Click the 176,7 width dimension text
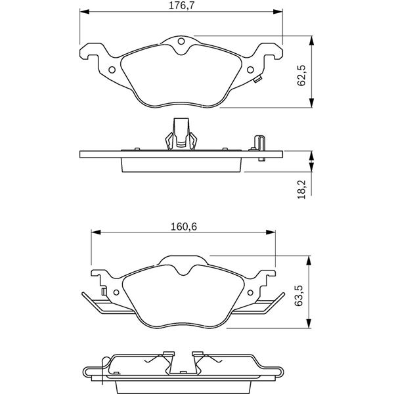[x=181, y=5]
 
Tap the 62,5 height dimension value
[x=301, y=76]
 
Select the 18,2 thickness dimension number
[x=301, y=189]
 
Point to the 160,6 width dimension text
[x=184, y=227]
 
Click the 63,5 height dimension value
[x=299, y=295]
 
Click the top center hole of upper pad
[x=181, y=41]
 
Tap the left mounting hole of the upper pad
[x=112, y=70]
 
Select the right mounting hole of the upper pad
[x=250, y=70]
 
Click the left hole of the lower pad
[x=116, y=292]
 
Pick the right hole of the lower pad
[x=250, y=292]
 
